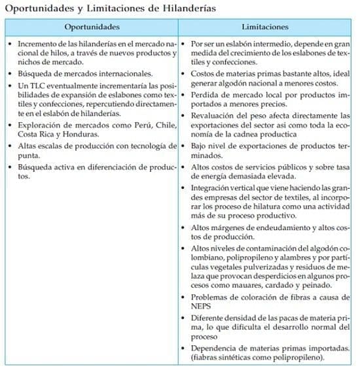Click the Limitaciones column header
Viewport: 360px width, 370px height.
pyautogui.click(x=265, y=27)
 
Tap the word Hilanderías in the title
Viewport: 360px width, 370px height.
pyautogui.click(x=182, y=8)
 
